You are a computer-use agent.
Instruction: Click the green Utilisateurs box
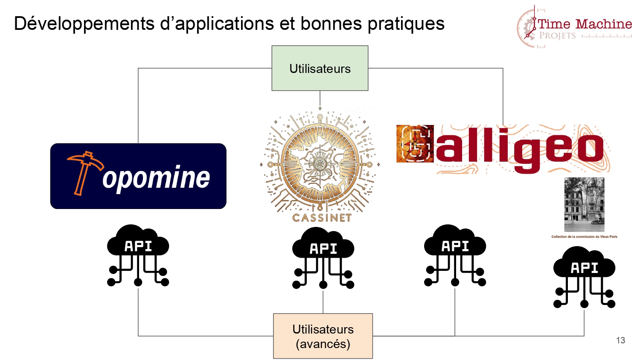[320, 68]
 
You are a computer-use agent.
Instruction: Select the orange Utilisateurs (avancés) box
[323, 336]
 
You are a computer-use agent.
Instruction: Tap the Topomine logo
[138, 176]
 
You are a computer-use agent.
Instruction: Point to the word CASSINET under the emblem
[322, 218]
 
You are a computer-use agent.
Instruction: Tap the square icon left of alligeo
[415, 144]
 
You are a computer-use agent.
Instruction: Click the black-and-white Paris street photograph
[584, 205]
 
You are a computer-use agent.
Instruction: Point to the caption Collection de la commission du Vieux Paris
[584, 237]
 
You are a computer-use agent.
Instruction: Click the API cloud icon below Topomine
[138, 255]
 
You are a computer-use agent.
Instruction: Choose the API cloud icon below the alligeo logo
[455, 255]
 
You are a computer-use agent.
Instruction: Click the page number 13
[620, 340]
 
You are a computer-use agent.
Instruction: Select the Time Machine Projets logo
[574, 27]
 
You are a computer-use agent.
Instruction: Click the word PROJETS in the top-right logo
[557, 36]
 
